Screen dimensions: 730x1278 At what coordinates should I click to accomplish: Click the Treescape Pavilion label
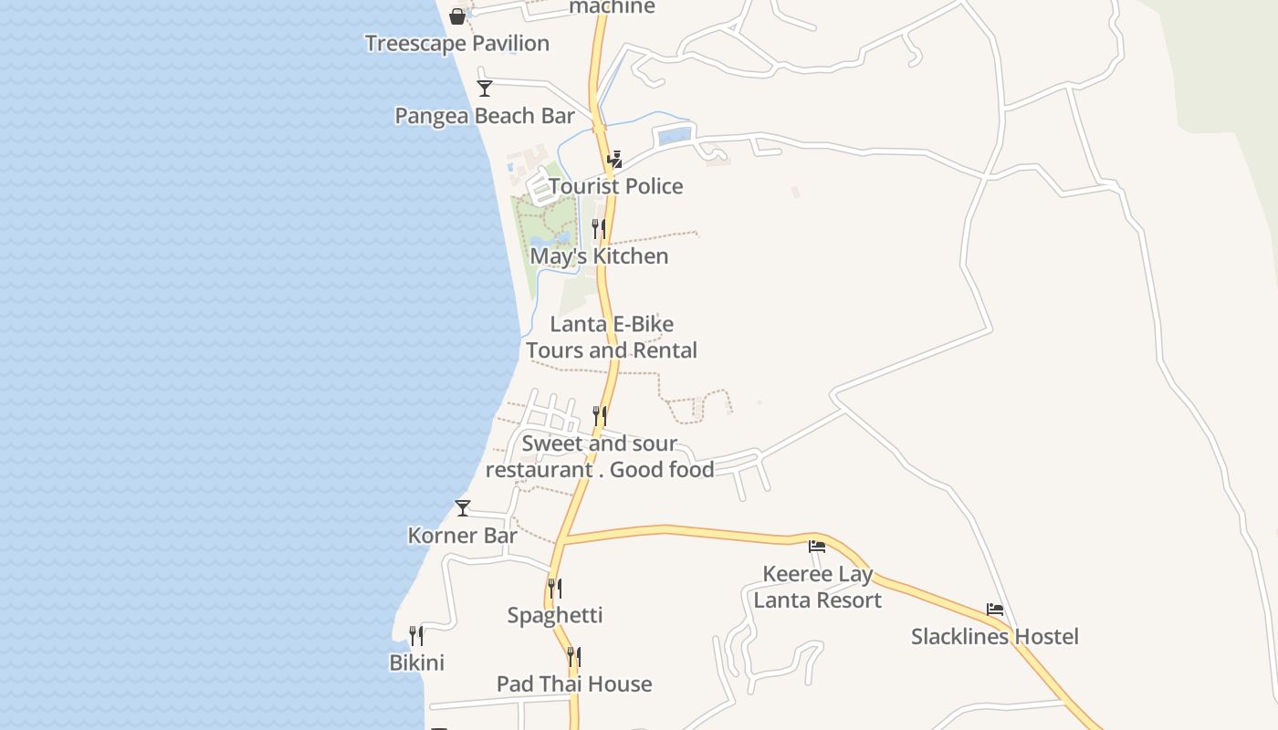pyautogui.click(x=456, y=43)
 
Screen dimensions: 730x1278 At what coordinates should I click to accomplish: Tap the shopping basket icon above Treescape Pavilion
pyautogui.click(x=457, y=16)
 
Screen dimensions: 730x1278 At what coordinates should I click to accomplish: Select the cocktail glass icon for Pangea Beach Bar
pyautogui.click(x=485, y=89)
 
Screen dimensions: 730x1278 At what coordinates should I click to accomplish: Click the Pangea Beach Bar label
pyautogui.click(x=485, y=116)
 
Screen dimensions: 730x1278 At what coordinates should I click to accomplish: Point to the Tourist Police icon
pyautogui.click(x=615, y=160)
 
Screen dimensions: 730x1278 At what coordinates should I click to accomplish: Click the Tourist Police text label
pyautogui.click(x=616, y=186)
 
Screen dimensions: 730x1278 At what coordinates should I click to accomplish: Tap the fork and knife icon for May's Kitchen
pyautogui.click(x=599, y=228)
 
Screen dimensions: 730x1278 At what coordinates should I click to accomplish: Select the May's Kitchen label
pyautogui.click(x=599, y=256)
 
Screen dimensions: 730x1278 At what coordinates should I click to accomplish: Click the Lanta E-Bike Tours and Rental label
pyautogui.click(x=612, y=337)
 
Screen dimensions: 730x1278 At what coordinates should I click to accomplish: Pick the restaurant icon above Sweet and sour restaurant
pyautogui.click(x=600, y=416)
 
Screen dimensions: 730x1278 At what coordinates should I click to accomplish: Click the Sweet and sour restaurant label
pyautogui.click(x=600, y=456)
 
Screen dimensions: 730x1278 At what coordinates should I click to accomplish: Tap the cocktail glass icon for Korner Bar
pyautogui.click(x=463, y=508)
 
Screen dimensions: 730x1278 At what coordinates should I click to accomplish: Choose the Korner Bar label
pyautogui.click(x=463, y=536)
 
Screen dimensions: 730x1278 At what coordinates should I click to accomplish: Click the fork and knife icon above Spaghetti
pyautogui.click(x=555, y=589)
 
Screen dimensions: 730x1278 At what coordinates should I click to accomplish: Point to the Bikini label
pyautogui.click(x=417, y=662)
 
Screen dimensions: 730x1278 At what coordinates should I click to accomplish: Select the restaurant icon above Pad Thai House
pyautogui.click(x=574, y=657)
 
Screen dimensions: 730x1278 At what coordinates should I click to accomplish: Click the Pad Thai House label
pyautogui.click(x=574, y=683)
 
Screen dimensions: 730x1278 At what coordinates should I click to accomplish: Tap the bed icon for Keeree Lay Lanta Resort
pyautogui.click(x=817, y=547)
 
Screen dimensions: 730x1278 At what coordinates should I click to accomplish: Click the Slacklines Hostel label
pyautogui.click(x=995, y=636)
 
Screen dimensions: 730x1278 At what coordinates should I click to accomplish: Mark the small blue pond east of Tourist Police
pyautogui.click(x=675, y=137)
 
